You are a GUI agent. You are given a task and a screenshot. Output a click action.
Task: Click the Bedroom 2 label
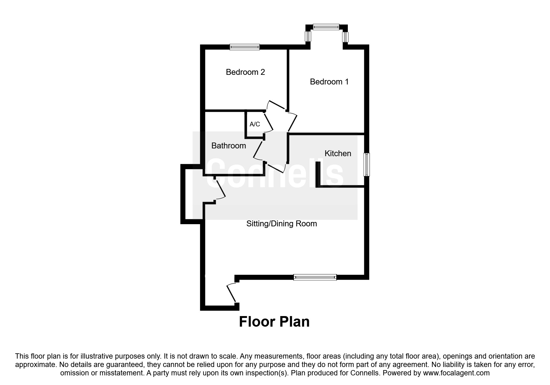[x=245, y=72]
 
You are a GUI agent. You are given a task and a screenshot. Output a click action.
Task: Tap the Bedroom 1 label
[x=329, y=82]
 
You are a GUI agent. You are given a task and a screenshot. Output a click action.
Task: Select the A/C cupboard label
[x=255, y=124]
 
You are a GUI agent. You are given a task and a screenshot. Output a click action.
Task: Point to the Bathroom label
[x=229, y=146]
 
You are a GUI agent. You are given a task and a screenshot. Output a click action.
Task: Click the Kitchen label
[x=338, y=153]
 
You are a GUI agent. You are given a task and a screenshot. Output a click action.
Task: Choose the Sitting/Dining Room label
[x=281, y=224]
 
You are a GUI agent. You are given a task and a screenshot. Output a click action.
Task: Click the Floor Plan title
[x=274, y=322]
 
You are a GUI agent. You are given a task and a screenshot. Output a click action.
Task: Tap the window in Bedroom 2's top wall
[x=244, y=47]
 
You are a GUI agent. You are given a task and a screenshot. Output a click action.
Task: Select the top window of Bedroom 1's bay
[x=326, y=27]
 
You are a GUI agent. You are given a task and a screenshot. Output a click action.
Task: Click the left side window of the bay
[x=308, y=37]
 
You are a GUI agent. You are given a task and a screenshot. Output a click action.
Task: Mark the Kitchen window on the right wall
[x=367, y=165]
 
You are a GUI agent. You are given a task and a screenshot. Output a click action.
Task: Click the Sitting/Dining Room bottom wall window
[x=315, y=277]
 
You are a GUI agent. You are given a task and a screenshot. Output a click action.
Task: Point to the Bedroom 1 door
[x=293, y=122]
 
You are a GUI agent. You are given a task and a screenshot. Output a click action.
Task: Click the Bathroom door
[x=259, y=151]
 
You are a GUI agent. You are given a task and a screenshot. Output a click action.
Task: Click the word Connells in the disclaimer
[x=367, y=373]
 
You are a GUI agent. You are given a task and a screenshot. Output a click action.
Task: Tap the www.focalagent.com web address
[x=456, y=373]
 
